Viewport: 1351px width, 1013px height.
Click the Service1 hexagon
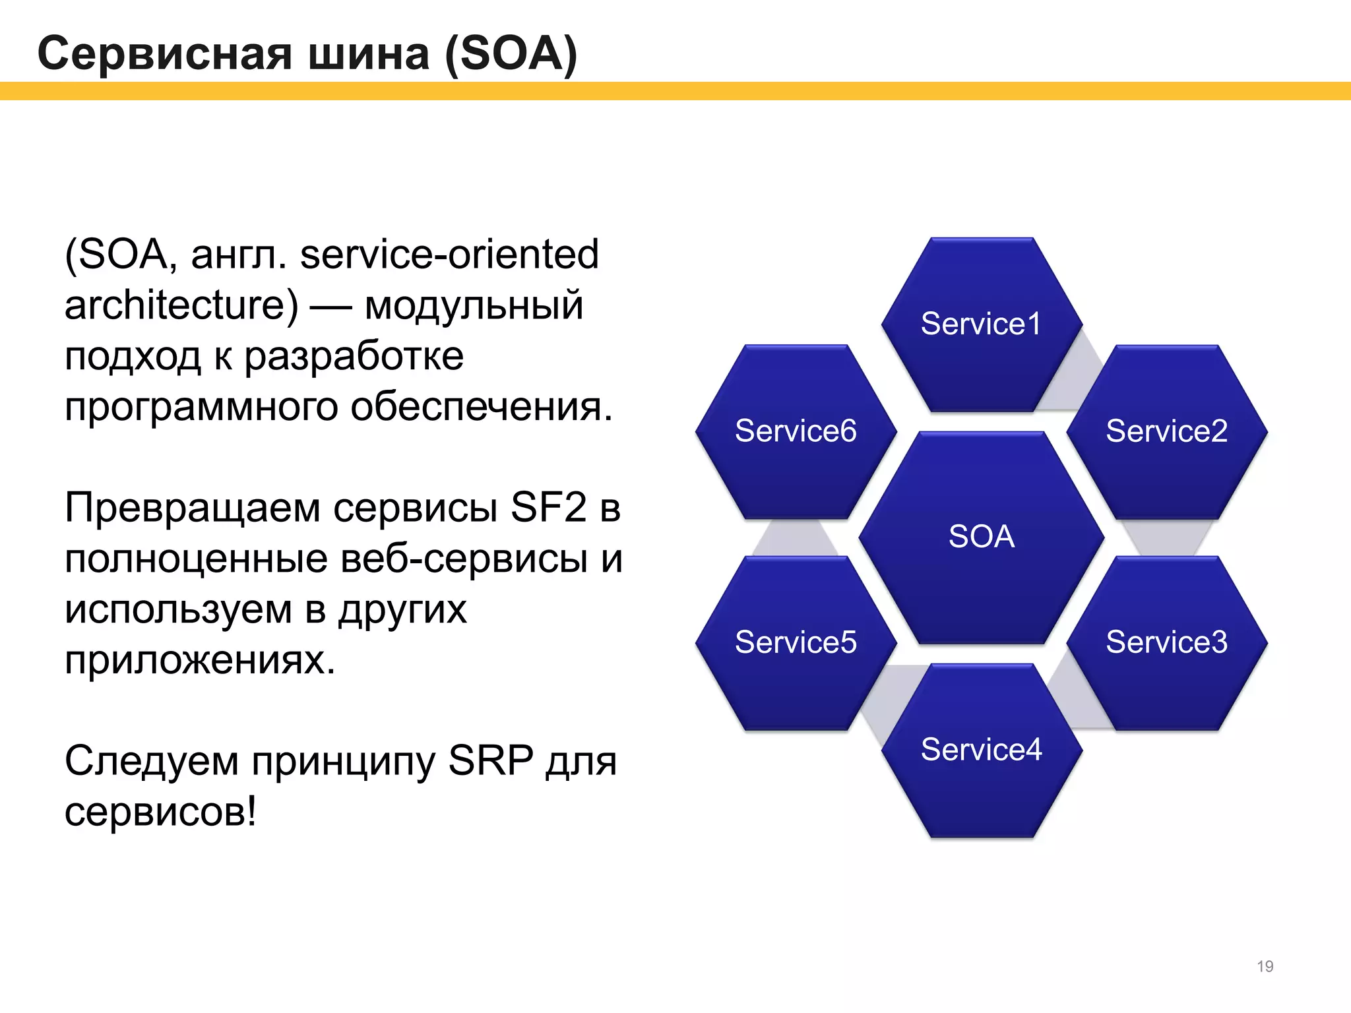(x=981, y=324)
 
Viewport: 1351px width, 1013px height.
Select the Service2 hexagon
(x=1166, y=431)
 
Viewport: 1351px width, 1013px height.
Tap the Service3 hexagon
(x=1166, y=642)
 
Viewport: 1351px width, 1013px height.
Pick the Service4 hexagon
(x=981, y=750)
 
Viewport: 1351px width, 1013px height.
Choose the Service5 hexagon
(x=796, y=642)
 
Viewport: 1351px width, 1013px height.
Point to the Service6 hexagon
(x=796, y=431)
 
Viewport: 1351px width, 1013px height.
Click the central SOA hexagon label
(x=981, y=536)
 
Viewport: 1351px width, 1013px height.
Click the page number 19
(x=1265, y=966)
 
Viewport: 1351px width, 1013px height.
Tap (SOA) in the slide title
(x=511, y=53)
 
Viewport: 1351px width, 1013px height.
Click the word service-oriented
(x=449, y=255)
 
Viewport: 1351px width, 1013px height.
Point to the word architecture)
(x=181, y=305)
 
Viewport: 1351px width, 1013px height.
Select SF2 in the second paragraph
(x=548, y=508)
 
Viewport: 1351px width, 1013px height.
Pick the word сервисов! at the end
(x=160, y=812)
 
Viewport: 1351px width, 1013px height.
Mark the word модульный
(x=474, y=305)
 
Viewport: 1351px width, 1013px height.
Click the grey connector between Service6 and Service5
(x=796, y=538)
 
